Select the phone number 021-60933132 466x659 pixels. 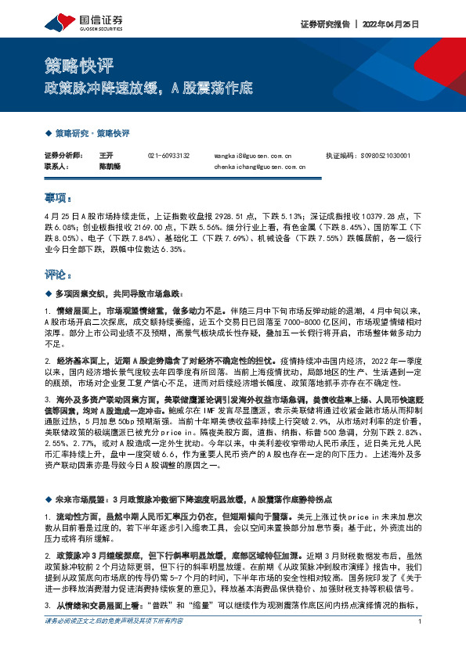click(x=168, y=156)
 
